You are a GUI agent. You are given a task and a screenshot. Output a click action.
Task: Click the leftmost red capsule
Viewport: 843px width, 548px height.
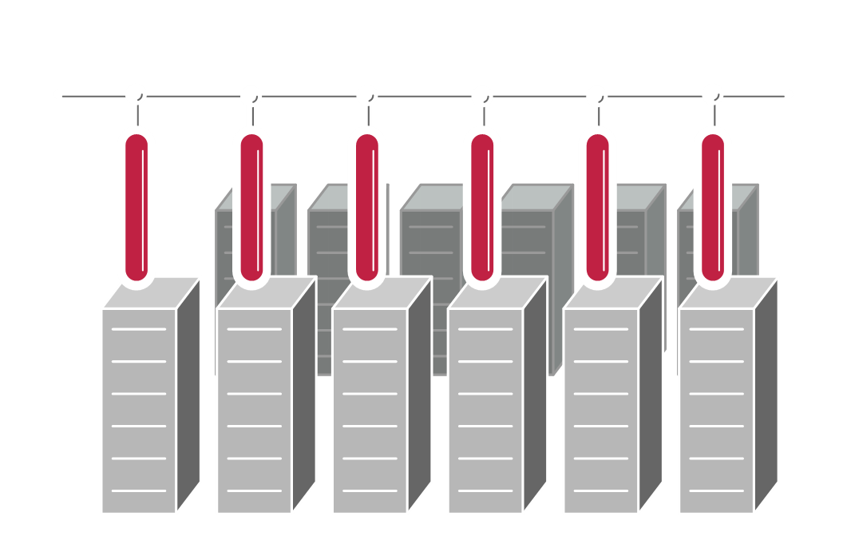coord(137,208)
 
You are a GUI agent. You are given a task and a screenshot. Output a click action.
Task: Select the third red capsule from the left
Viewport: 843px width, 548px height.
coord(367,208)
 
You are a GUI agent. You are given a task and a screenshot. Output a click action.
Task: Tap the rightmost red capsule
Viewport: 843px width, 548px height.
coord(713,208)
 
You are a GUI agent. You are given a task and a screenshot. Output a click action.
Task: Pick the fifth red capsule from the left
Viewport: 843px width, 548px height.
coord(598,208)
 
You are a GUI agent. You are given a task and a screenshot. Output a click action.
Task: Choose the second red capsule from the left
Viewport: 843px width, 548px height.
coord(251,208)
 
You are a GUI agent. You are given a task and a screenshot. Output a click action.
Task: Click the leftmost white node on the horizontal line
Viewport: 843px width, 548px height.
coord(136,93)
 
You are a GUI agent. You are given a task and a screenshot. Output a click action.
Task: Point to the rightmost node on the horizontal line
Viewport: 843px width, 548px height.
coord(712,93)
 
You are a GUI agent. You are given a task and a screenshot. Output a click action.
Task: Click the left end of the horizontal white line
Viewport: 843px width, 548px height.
coord(58,94)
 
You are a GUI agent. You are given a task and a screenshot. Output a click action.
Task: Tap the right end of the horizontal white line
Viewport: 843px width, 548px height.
coord(789,94)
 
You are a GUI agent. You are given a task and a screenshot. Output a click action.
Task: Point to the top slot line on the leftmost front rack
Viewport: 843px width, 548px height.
coord(139,329)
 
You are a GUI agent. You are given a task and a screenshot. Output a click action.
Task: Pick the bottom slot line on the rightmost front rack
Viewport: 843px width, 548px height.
coord(716,490)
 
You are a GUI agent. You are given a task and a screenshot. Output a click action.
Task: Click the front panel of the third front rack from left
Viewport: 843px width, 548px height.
coord(370,415)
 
